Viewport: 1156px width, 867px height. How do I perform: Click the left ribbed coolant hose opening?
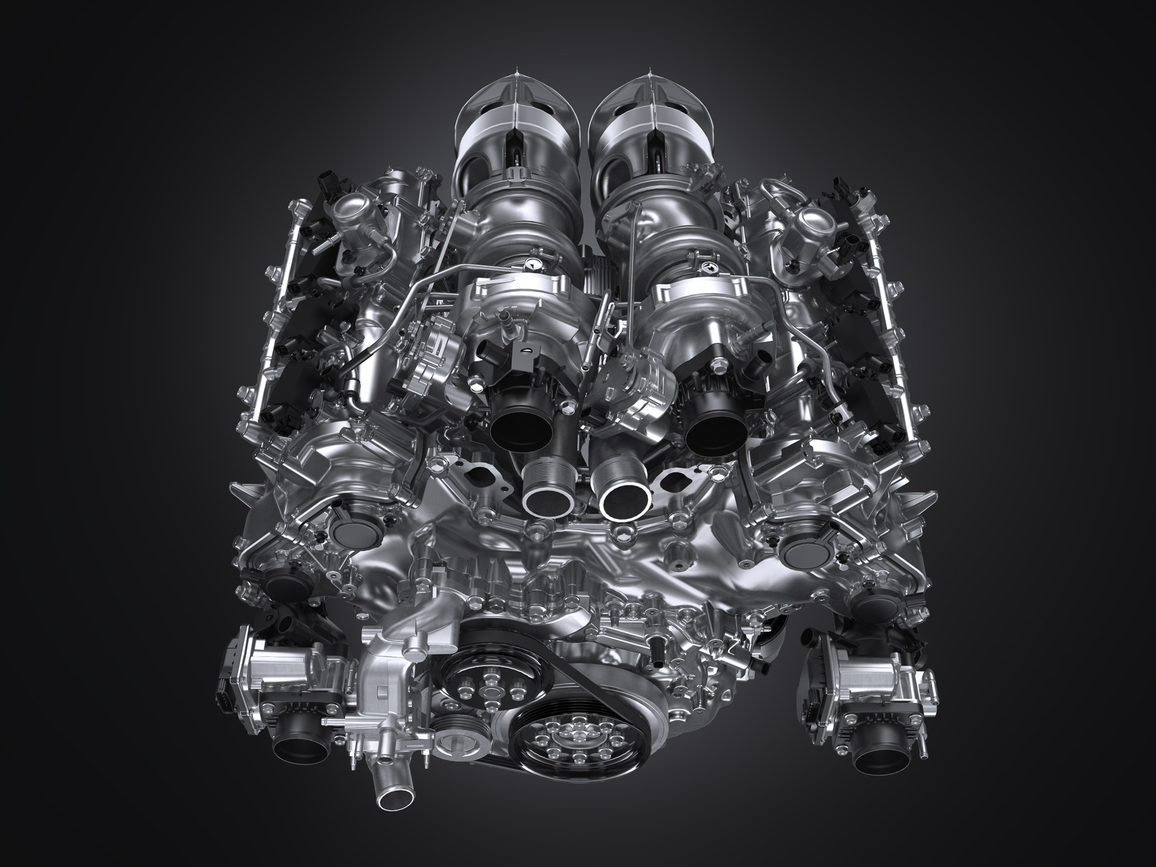pos(546,497)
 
